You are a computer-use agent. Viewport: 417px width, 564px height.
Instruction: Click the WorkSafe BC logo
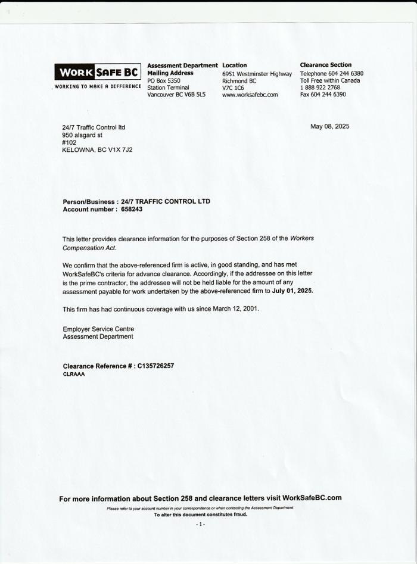point(98,73)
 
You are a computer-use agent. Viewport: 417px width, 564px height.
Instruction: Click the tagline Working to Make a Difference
point(98,86)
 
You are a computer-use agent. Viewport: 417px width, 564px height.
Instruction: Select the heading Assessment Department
point(182,66)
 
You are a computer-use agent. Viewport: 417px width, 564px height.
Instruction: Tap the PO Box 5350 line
point(164,80)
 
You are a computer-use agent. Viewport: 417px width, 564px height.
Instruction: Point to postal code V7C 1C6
point(233,88)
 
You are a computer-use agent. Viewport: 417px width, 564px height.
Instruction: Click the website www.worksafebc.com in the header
point(250,95)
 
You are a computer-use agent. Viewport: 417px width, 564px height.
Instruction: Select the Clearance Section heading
point(325,65)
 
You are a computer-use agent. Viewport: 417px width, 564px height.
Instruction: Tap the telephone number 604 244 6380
point(344,74)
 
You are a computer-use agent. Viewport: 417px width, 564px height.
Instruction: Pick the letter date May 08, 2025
point(330,126)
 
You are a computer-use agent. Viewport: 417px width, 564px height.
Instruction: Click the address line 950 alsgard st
point(82,135)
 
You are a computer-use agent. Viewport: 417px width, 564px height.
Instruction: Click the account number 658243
point(132,210)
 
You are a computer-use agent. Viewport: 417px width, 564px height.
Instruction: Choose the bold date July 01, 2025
point(292,292)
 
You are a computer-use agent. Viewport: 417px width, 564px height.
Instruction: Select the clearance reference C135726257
point(155,366)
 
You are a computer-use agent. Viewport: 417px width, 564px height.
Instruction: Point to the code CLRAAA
point(73,375)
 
